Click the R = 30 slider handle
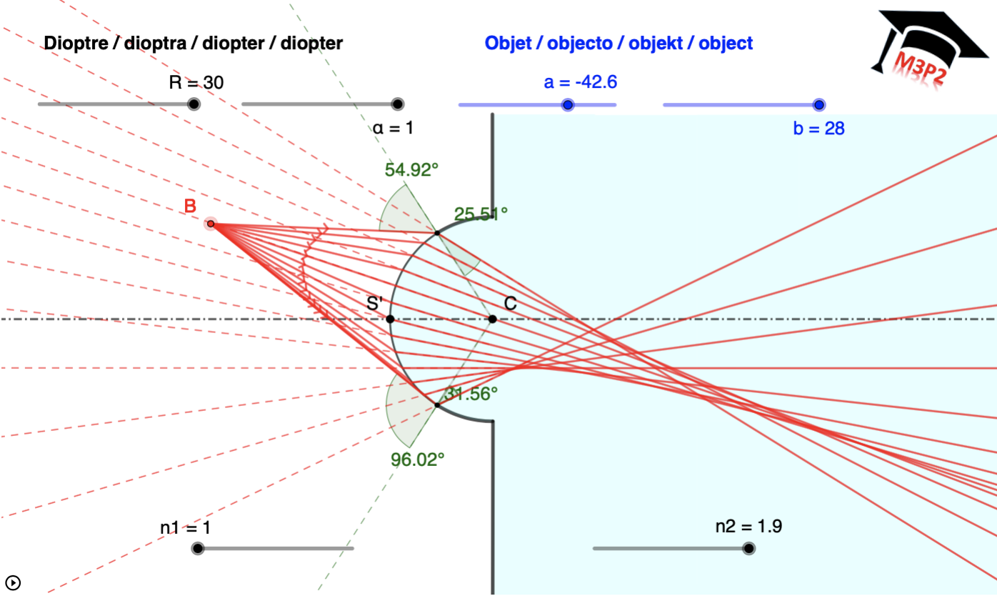pos(193,104)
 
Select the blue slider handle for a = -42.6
pos(568,105)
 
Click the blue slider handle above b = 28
pos(819,105)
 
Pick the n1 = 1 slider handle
pos(198,549)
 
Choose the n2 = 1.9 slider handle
pos(748,549)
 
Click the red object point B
pos(211,224)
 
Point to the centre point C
pos(493,319)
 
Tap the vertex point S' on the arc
pos(390,319)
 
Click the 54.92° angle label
pos(411,170)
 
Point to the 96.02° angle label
pos(418,459)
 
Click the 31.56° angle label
pos(471,393)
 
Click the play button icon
pos(12,582)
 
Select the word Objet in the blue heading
pos(507,43)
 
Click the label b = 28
pos(818,129)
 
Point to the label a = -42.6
pos(580,82)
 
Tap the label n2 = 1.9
pos(748,527)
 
